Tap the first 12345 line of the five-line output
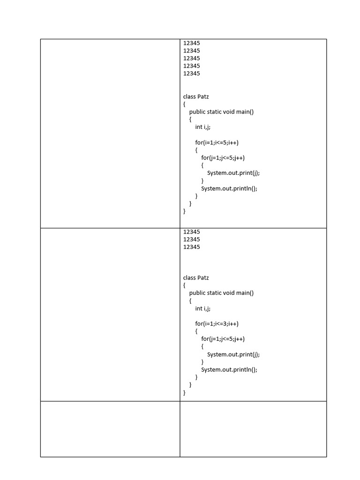[191, 43]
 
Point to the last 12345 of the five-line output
[191, 74]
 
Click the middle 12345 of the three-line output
[191, 240]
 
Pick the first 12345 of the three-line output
[191, 232]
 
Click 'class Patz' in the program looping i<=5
[196, 97]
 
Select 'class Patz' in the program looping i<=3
[196, 277]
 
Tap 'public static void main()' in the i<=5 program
[221, 112]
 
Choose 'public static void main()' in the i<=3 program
[221, 293]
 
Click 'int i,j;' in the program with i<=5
[203, 127]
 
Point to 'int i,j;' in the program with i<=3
[203, 308]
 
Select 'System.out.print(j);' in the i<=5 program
[233, 173]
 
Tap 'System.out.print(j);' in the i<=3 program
[233, 354]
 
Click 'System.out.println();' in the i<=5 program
[229, 188]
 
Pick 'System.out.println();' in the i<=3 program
[229, 369]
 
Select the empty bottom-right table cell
[253, 429]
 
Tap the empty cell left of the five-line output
[110, 134]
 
